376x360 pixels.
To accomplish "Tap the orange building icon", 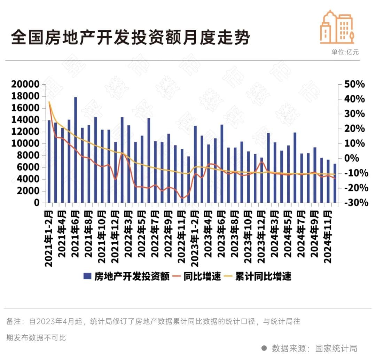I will [337, 27].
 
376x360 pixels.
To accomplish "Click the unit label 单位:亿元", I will [345, 52].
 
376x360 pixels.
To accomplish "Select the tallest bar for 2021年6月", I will [76, 150].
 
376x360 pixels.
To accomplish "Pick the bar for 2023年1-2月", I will [195, 164].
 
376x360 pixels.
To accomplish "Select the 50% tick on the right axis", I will [354, 85].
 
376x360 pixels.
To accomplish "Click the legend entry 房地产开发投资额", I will [127, 277].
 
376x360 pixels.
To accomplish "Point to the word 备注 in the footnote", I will [14, 321].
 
